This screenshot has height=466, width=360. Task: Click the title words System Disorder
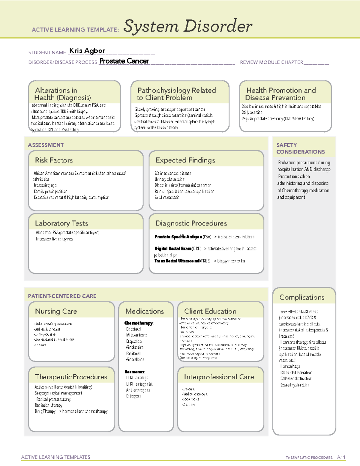coord(188,26)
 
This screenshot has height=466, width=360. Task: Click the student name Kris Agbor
coord(87,51)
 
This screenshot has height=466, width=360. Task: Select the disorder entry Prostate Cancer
coord(124,61)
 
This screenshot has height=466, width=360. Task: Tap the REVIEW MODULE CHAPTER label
coord(271,62)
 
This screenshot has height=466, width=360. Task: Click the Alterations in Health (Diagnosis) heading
coord(62,94)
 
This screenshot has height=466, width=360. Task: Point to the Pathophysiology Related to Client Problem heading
coord(176,94)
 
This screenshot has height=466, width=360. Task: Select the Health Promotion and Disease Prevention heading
coord(281,94)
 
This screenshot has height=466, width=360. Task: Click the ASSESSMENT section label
coord(46,145)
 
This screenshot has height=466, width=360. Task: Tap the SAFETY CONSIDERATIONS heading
coord(300,148)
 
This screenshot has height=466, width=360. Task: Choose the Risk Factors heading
coord(54,160)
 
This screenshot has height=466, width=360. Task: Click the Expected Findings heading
coord(185,160)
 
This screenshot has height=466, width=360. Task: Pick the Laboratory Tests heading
coord(61,223)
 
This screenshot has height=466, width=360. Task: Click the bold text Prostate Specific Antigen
coord(178,237)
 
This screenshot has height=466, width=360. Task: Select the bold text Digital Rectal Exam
coord(173,249)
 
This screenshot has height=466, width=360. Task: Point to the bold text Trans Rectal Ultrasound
coord(177,261)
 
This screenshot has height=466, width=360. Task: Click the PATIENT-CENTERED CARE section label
coord(62,296)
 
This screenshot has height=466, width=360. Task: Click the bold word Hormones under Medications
coord(135,372)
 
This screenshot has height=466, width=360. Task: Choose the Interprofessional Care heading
coord(219,377)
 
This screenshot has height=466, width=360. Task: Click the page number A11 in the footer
coord(341,457)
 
